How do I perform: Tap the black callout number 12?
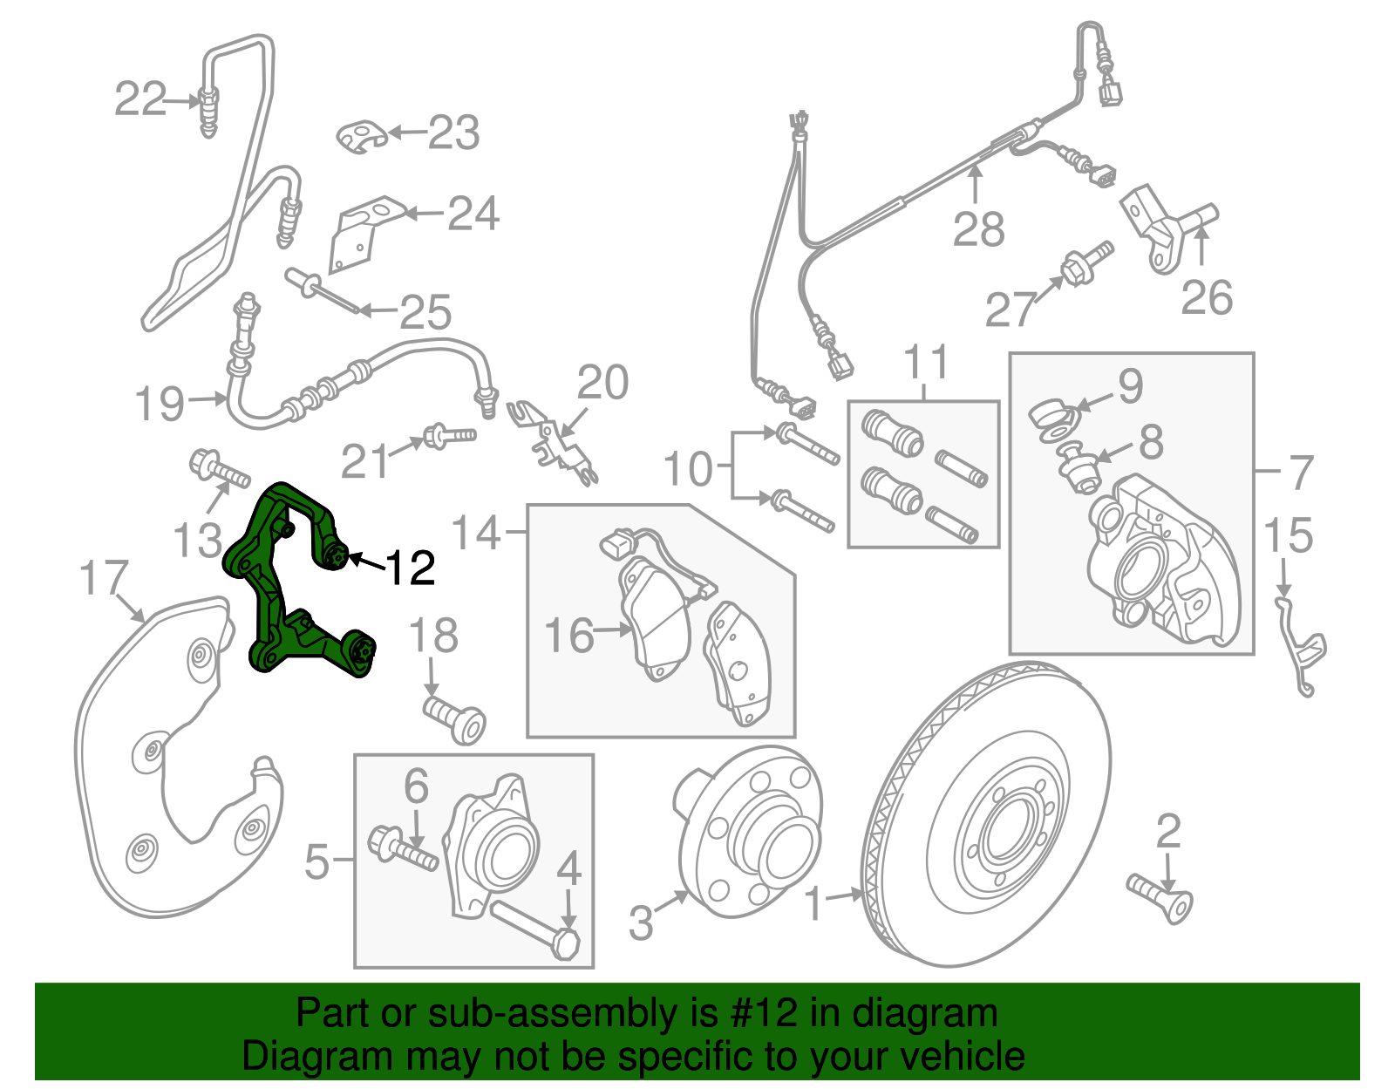[410, 568]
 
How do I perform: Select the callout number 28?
[978, 229]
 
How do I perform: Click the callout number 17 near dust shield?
[104, 578]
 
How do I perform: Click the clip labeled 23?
[361, 135]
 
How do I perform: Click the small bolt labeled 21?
[448, 435]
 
